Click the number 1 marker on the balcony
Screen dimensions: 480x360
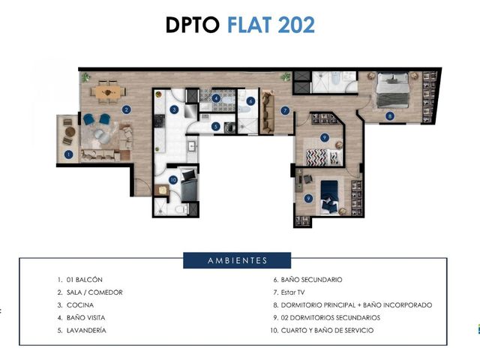coord(68,154)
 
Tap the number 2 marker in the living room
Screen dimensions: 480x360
coord(126,109)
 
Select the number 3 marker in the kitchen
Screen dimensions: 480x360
coord(174,109)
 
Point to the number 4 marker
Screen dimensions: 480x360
coord(217,98)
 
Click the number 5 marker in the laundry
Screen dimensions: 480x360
coord(216,126)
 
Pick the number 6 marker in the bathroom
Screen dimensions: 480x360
coord(250,101)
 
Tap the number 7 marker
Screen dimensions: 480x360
coord(285,110)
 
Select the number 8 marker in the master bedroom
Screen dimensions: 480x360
coord(390,116)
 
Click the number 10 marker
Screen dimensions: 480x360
coord(173,180)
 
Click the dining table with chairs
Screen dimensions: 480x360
coord(108,91)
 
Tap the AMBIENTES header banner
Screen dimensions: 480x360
coord(237,260)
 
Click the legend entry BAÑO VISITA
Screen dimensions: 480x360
coord(85,318)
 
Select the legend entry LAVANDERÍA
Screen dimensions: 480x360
coord(86,330)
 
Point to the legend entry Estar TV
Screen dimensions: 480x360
coord(292,292)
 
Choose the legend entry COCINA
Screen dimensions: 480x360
coord(80,305)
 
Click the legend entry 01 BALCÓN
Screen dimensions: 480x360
coord(85,280)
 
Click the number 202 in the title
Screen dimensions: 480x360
coord(296,25)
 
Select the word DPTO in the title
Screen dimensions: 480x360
coord(193,25)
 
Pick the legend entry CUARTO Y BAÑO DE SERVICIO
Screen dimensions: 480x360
coord(327,330)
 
